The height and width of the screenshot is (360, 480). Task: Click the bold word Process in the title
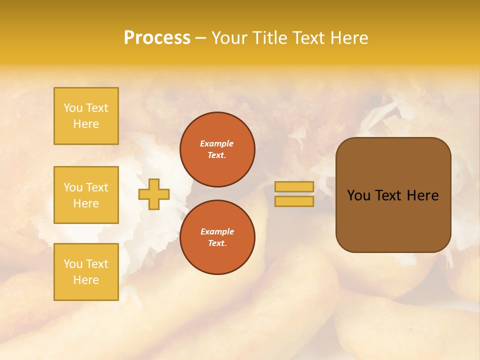157,38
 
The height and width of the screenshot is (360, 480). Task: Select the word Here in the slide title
348,38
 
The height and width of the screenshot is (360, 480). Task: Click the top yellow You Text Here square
86,116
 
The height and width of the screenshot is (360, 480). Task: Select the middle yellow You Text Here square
86,195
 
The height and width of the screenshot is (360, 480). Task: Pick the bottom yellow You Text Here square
86,272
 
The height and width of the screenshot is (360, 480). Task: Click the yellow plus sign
154,194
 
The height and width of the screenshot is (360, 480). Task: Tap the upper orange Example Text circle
217,149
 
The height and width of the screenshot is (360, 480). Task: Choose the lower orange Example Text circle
217,237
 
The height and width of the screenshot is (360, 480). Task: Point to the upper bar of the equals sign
294,186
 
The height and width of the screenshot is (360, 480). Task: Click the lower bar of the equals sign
294,201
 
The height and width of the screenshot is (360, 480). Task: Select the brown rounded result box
393,195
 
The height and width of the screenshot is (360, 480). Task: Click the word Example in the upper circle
217,143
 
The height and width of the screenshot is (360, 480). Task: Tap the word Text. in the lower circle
217,243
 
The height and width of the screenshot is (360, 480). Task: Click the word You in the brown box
358,195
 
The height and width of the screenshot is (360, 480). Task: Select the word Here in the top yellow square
86,124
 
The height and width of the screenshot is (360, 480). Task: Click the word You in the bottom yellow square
73,264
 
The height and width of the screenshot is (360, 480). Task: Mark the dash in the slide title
201,38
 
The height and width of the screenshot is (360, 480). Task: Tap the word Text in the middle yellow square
97,187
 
